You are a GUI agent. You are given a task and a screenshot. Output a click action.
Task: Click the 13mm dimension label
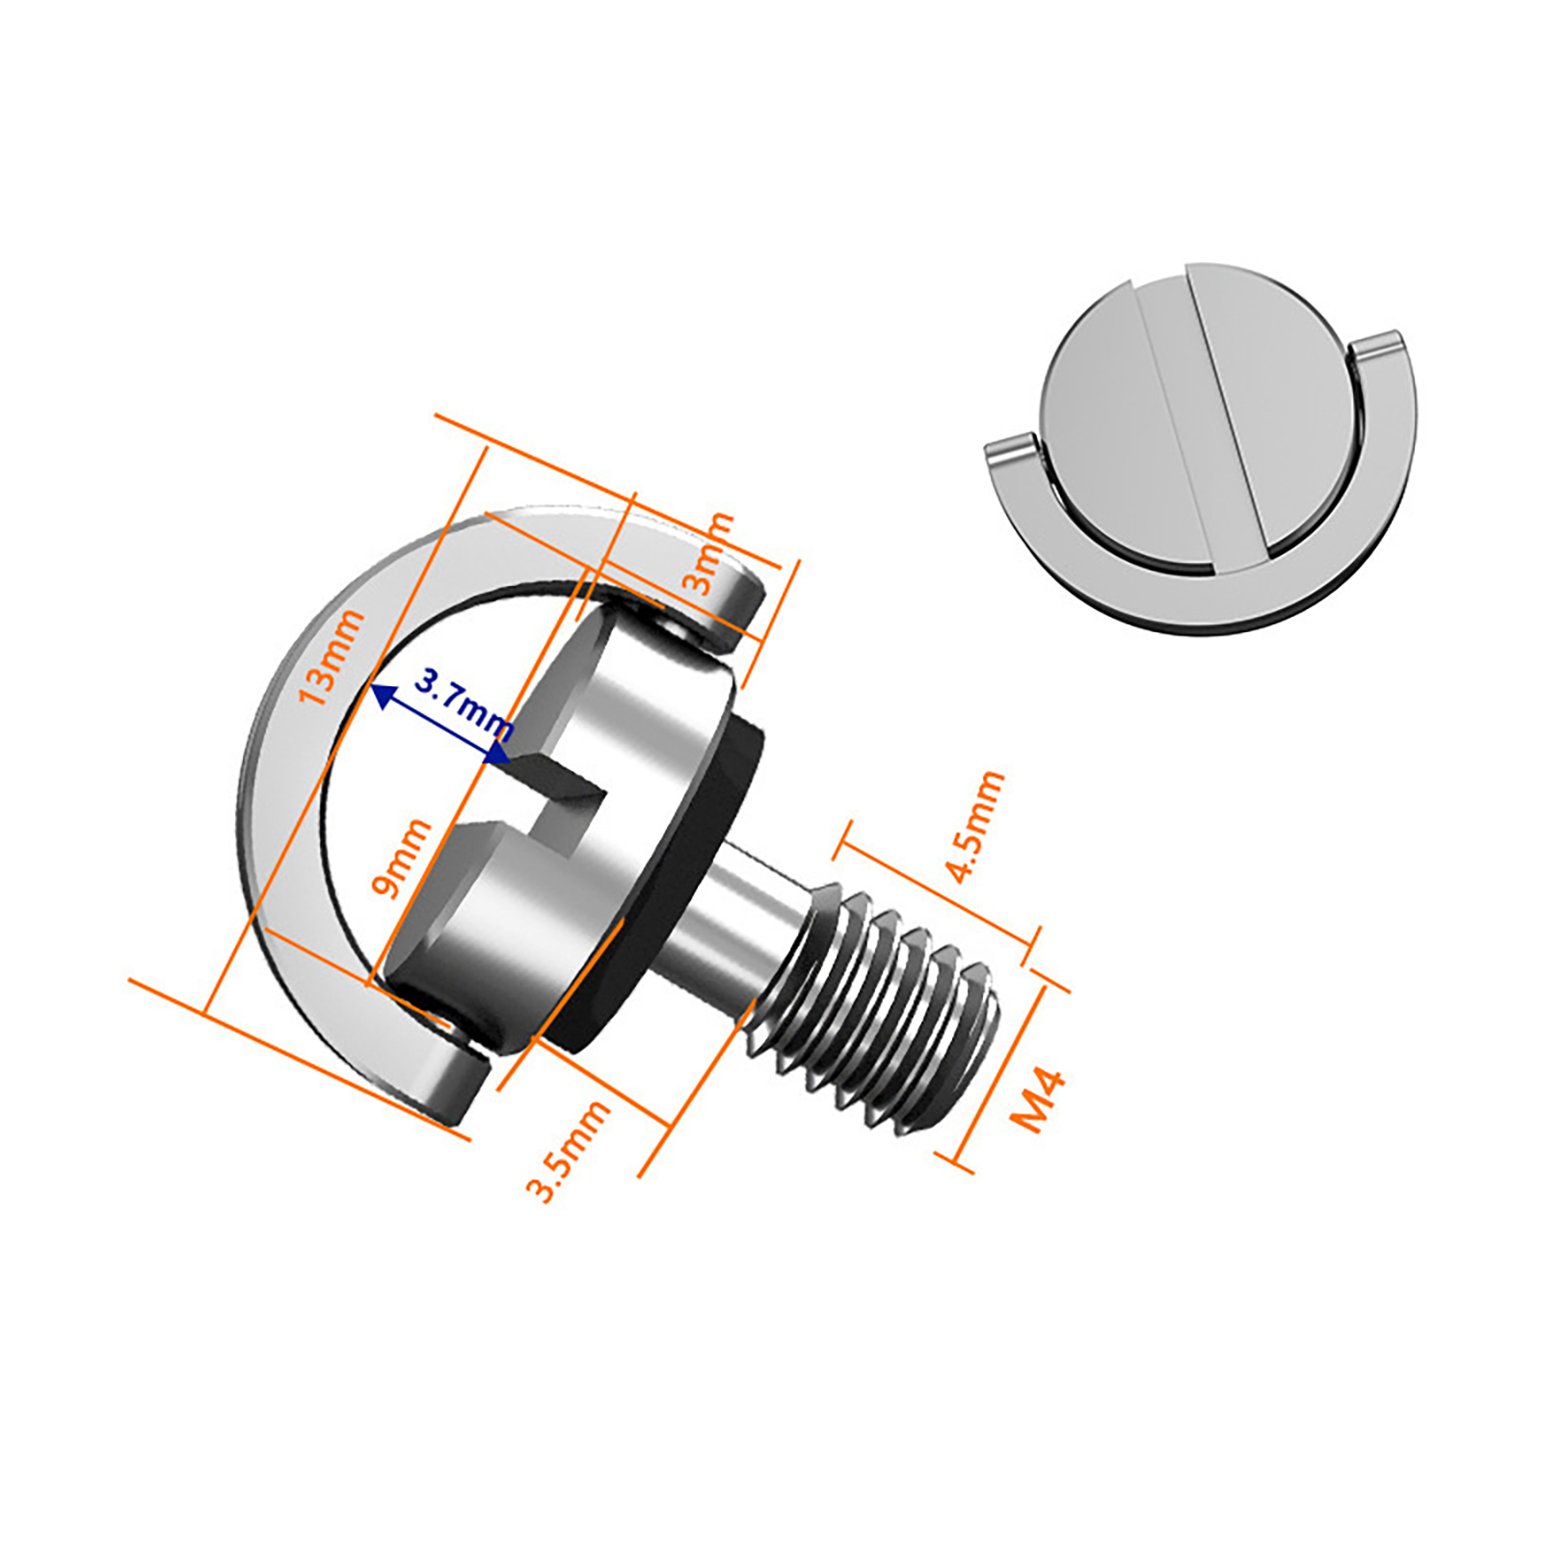pos(331,657)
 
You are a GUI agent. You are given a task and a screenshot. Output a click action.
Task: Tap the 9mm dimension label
pos(402,858)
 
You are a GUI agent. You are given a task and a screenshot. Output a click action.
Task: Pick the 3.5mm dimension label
pos(568,1151)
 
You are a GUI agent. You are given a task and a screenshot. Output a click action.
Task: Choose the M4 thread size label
pos(1038,1100)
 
